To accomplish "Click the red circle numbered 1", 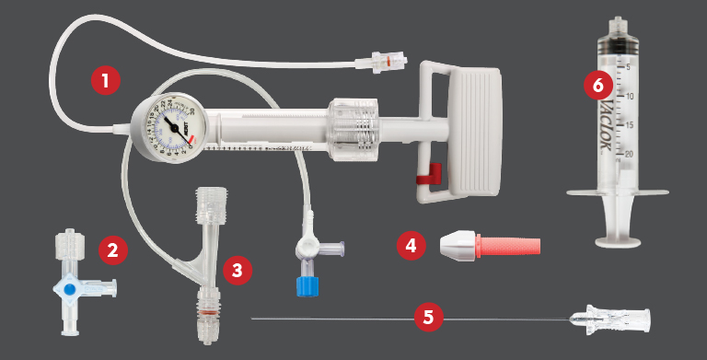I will coord(106,80).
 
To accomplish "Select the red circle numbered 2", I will coord(111,249).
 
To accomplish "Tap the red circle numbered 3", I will coord(238,270).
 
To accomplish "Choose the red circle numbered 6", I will coord(598,86).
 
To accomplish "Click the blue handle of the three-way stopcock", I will coord(70,287).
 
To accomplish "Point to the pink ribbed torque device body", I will coord(509,246).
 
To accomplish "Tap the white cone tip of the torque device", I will coord(458,246).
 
